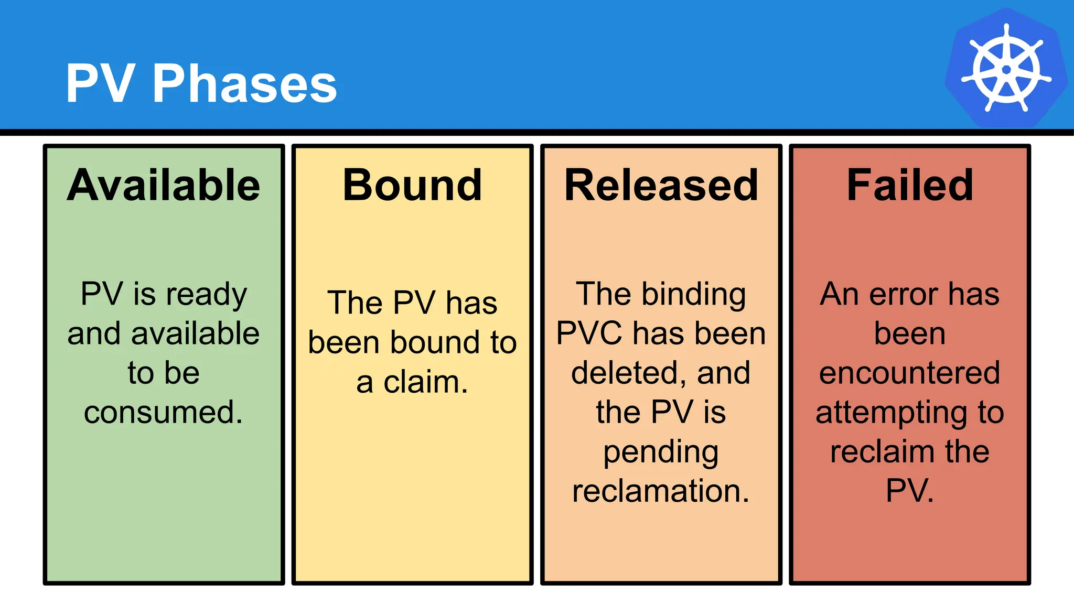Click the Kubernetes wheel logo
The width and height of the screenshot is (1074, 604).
pos(1006,69)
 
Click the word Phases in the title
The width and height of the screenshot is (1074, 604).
pos(244,84)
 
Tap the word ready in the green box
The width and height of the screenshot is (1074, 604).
pos(207,294)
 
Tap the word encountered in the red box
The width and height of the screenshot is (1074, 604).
pos(910,373)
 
